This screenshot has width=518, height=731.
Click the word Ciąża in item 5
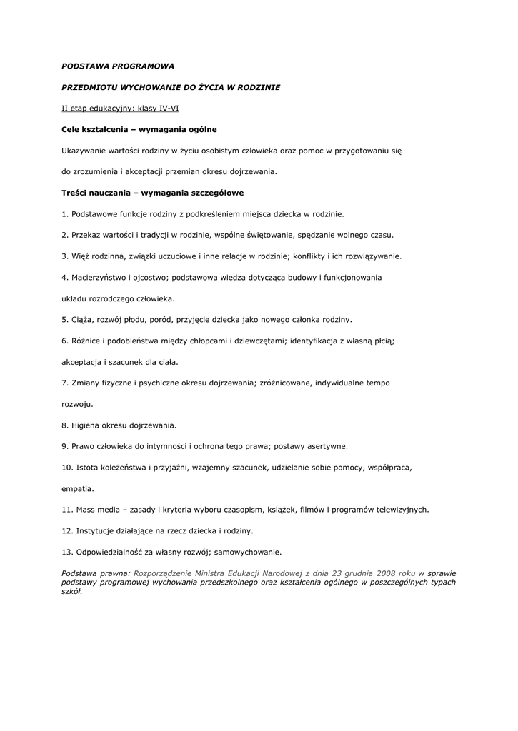click(x=83, y=319)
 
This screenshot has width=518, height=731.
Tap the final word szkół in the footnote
click(x=71, y=592)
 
